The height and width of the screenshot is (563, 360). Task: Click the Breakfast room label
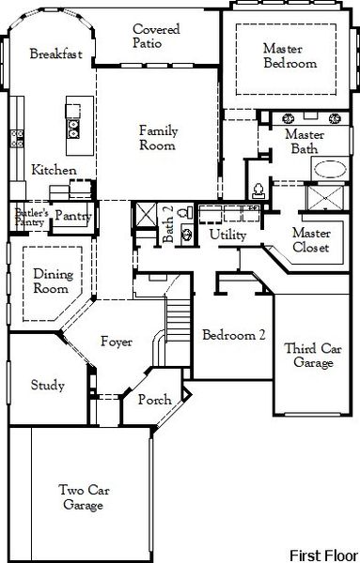55,53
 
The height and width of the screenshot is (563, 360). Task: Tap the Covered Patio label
157,37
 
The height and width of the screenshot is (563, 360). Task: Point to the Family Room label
159,138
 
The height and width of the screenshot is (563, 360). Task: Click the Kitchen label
48,170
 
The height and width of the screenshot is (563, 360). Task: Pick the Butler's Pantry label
30,218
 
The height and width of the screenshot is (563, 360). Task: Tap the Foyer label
117,342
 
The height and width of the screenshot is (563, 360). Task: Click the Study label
47,385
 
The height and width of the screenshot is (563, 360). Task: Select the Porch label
154,401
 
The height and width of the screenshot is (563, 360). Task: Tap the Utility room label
228,233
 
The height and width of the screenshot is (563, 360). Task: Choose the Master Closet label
310,240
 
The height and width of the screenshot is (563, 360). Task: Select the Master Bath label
304,142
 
